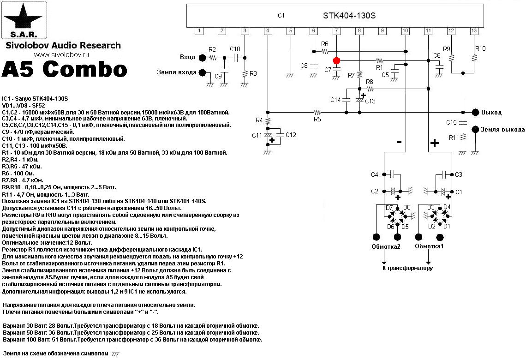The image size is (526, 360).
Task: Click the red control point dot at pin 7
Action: pyautogui.click(x=336, y=60)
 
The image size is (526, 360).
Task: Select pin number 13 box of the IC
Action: pyautogui.click(x=474, y=31)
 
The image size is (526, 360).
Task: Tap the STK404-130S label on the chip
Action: pyautogui.click(x=349, y=15)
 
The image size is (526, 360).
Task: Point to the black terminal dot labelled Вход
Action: pyautogui.click(x=203, y=58)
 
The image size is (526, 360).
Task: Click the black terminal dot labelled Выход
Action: pyautogui.click(x=475, y=112)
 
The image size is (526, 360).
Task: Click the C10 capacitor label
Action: pyautogui.click(x=235, y=49)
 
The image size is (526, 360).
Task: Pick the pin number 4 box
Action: pyautogui.click(x=268, y=31)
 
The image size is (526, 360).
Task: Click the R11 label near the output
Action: pyautogui.click(x=454, y=138)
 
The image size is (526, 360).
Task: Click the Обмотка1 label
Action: pyautogui.click(x=429, y=246)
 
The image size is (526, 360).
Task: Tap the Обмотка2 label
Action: pyautogui.click(x=386, y=246)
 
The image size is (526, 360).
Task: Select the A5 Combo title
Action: pyautogui.click(x=65, y=69)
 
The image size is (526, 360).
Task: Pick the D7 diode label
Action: pyautogui.click(x=389, y=208)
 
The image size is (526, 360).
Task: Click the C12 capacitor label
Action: pyautogui.click(x=291, y=135)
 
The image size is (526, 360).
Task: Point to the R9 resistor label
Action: pyautogui.click(x=446, y=49)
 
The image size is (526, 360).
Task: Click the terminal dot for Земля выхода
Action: pyautogui.click(x=475, y=130)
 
